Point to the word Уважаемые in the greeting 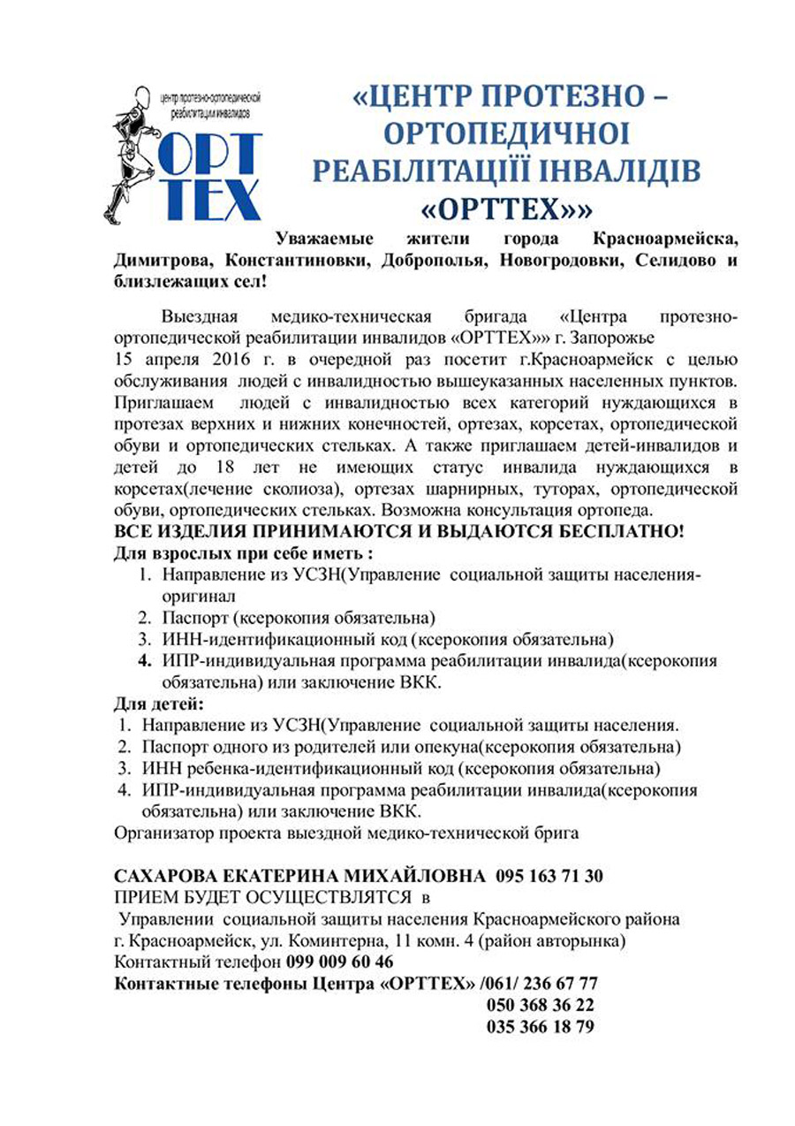click(324, 239)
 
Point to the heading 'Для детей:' click(159, 704)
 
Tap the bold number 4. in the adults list click(144, 660)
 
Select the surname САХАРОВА click(172, 876)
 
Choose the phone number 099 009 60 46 click(341, 961)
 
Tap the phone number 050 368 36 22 click(540, 1005)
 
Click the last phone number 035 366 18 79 click(540, 1027)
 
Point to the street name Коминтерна click(337, 940)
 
